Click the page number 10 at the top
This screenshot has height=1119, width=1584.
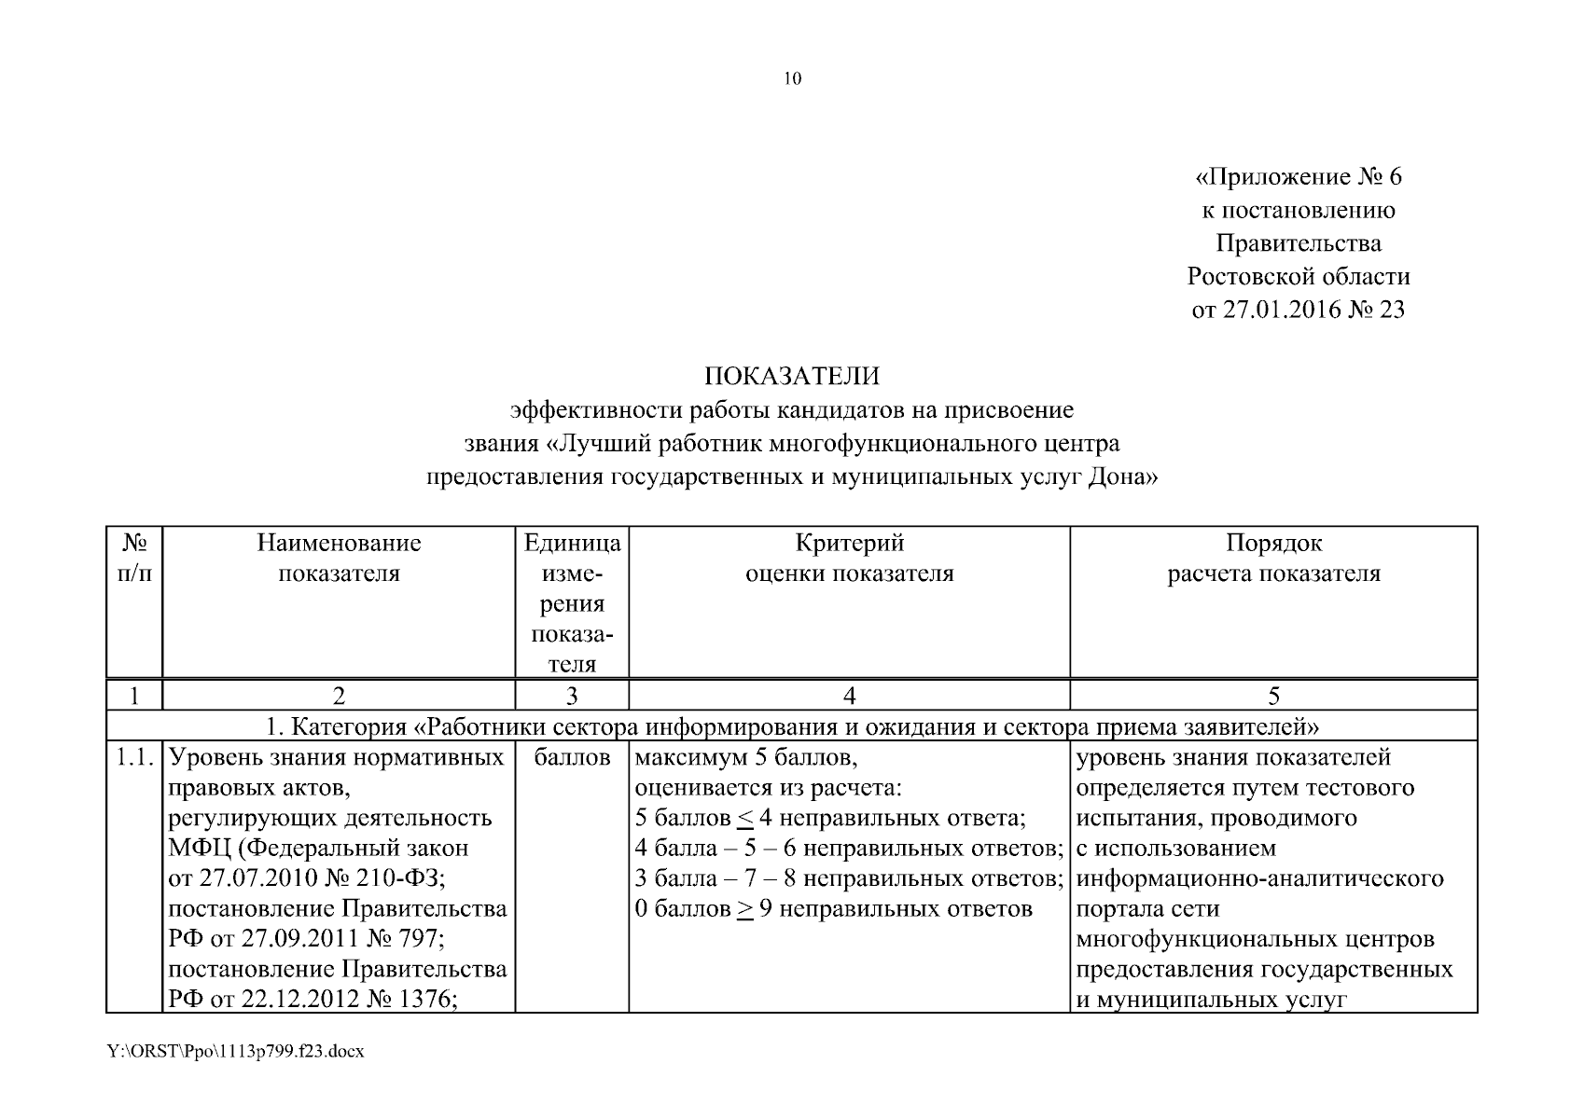click(792, 79)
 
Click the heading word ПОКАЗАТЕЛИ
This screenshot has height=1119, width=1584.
click(791, 377)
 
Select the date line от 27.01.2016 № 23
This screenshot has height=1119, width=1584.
click(1298, 310)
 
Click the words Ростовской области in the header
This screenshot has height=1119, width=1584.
click(1298, 277)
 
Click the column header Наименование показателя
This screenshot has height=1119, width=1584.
click(339, 558)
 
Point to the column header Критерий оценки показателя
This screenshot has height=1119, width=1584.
click(849, 558)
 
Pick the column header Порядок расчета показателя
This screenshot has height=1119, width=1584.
click(1273, 558)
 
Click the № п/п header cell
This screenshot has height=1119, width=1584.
click(134, 558)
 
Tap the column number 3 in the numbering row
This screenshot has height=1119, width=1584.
click(572, 696)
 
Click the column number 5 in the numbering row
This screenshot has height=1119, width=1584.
click(1273, 696)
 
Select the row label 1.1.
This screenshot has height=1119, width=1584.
click(134, 758)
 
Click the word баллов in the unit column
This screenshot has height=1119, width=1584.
click(572, 758)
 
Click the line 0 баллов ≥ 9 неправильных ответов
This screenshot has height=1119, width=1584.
click(833, 909)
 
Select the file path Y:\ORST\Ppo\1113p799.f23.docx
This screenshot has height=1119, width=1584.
click(235, 1052)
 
